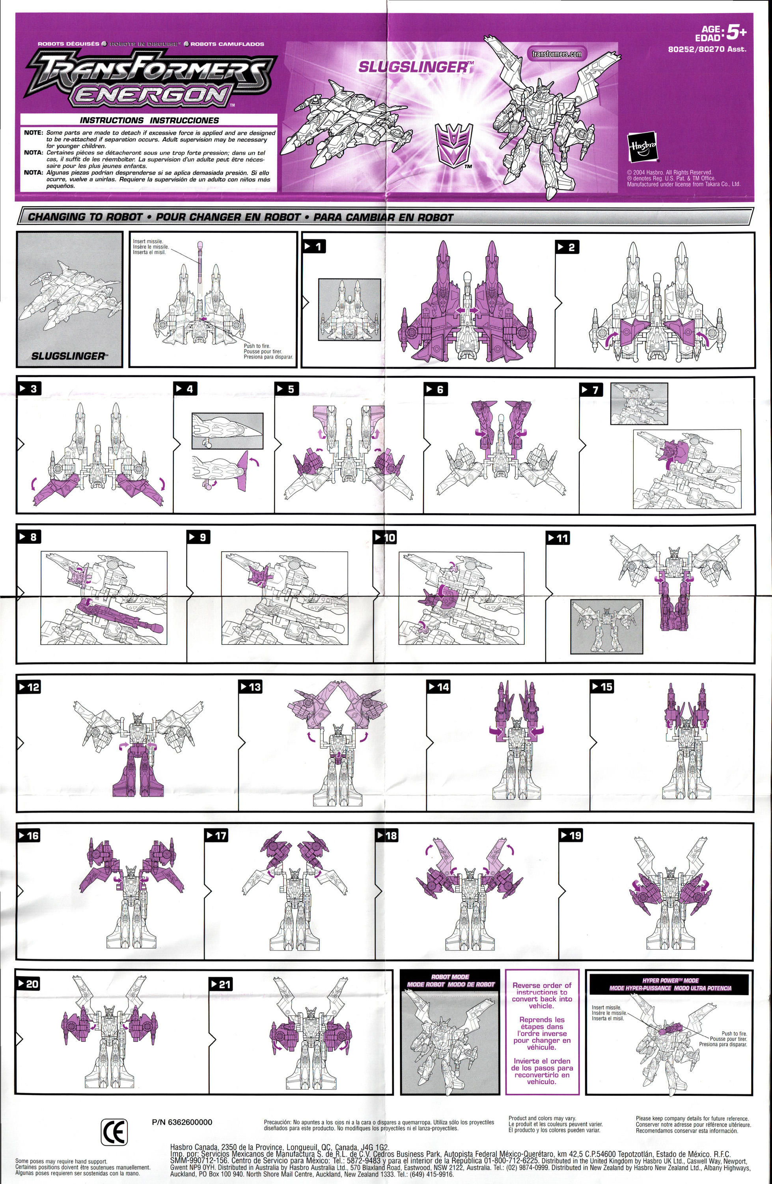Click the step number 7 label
[591, 390]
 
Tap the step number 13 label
[250, 687]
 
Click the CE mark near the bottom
[114, 1132]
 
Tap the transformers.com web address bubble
[556, 54]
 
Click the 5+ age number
[736, 33]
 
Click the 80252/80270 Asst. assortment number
[707, 49]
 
